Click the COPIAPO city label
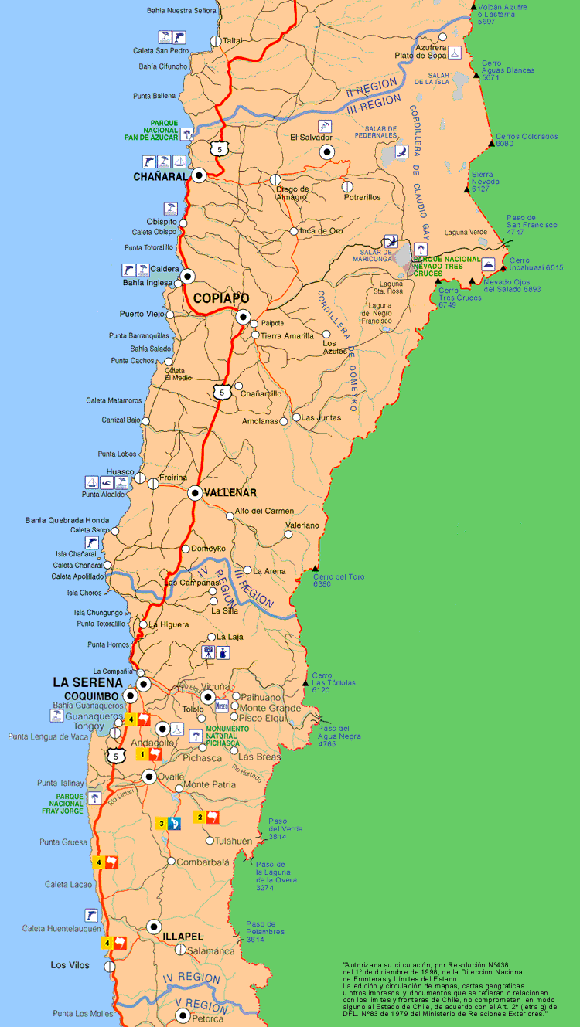[221, 298]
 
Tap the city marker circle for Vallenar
[194, 492]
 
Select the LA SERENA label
[87, 682]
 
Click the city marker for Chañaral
[200, 175]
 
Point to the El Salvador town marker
[327, 152]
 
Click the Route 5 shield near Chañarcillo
[223, 392]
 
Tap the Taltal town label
[232, 40]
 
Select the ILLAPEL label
[183, 936]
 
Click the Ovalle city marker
[149, 777]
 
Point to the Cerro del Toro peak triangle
[316, 568]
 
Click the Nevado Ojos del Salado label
[512, 285]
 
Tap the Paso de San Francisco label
[531, 224]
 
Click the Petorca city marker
[183, 1016]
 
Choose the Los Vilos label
[70, 965]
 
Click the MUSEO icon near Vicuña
[221, 706]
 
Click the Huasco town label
[121, 472]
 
